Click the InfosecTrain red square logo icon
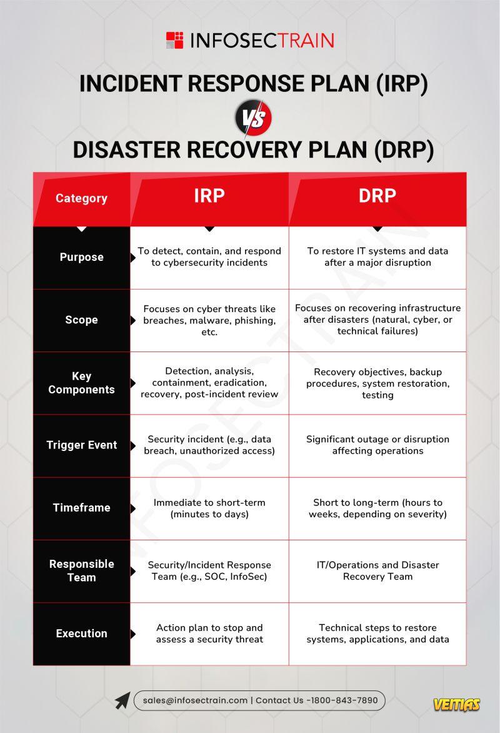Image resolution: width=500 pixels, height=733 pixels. tap(175, 40)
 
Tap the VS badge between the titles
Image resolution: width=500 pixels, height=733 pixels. tap(253, 117)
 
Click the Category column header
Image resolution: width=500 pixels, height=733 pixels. tap(81, 198)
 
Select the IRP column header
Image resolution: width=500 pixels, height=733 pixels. tap(209, 195)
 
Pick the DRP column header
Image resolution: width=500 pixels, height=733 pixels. tap(377, 195)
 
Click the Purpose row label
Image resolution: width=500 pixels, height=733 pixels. tap(82, 257)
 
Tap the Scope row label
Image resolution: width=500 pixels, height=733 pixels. tap(82, 320)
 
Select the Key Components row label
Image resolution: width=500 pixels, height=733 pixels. tap(82, 383)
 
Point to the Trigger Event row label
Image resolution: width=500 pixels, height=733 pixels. tap(82, 445)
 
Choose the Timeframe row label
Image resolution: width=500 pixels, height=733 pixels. tap(82, 508)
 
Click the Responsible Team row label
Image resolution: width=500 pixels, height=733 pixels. tap(82, 570)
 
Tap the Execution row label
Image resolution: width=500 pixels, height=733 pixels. tap(82, 634)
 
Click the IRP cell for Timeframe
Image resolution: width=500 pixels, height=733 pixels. tap(209, 508)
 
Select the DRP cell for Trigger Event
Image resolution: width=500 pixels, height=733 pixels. tap(377, 445)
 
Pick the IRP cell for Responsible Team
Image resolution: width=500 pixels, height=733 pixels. tap(209, 571)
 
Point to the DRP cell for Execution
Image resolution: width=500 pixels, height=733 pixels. tap(377, 634)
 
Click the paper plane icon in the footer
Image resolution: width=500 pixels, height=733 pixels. tap(122, 700)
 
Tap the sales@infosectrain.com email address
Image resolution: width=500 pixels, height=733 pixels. tap(196, 700)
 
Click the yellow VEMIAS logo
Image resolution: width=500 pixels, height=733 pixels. tap(456, 704)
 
